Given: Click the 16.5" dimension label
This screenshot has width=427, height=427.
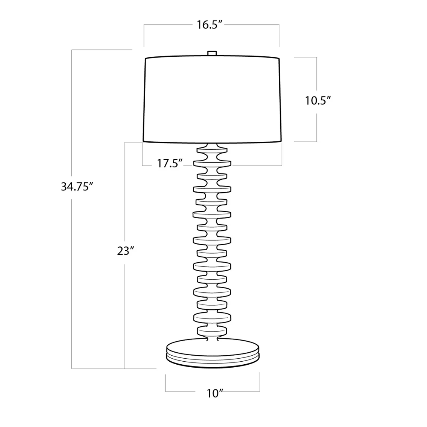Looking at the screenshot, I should point(211,25).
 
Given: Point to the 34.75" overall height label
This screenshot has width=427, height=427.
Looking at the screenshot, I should point(77,187).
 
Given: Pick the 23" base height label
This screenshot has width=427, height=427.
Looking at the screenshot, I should point(126,251).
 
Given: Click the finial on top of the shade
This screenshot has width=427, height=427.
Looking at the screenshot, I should point(212,53).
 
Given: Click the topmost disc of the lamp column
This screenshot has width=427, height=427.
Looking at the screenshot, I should point(212,150).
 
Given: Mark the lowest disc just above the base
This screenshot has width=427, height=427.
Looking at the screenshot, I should point(212,329).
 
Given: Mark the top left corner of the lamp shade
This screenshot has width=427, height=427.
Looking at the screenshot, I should point(146,58).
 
